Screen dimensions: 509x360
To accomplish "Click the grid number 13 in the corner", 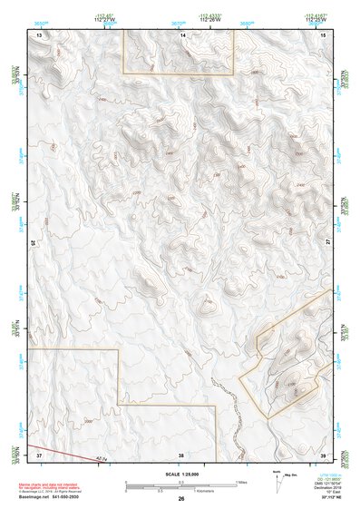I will point(39,34).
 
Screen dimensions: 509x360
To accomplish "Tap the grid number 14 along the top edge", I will point(182,34).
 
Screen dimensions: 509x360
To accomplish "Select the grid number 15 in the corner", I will point(323,34).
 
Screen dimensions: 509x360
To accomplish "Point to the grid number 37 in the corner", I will point(39,454).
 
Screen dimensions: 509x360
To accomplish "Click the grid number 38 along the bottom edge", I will point(180,454).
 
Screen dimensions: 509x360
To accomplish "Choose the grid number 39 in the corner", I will point(323,454).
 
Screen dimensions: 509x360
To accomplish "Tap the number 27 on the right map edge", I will point(328,242).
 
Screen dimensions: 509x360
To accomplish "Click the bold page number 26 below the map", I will point(181,498).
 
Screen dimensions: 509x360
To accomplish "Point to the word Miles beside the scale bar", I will point(241,482).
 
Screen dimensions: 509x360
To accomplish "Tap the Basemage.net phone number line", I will point(50,497).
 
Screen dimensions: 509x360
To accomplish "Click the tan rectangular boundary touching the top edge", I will point(179,73).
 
